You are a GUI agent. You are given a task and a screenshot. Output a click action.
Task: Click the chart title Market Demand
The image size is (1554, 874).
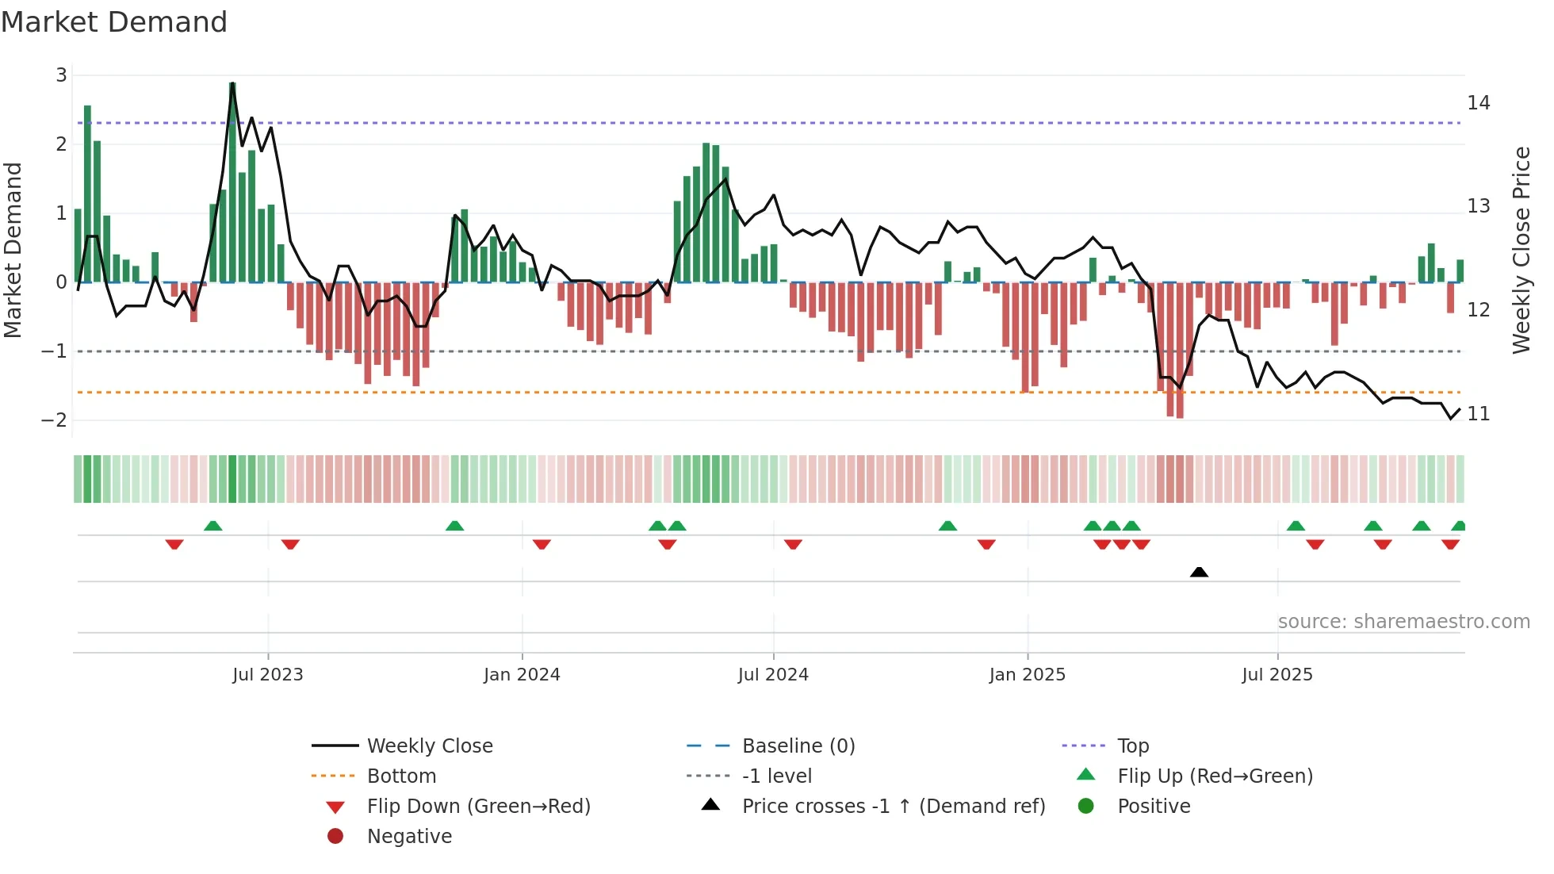(x=114, y=22)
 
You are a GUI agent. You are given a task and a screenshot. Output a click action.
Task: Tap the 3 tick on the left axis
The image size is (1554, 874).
(x=61, y=75)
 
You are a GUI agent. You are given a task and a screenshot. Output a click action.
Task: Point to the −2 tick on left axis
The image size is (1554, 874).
(x=55, y=420)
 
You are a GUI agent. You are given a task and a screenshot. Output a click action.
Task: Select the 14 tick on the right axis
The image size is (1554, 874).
(x=1478, y=103)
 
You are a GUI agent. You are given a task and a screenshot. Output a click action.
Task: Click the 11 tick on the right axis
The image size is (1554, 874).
(x=1478, y=414)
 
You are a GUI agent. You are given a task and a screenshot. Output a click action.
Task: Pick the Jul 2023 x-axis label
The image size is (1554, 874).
(x=267, y=675)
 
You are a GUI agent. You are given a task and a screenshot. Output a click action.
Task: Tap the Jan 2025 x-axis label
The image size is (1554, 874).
(x=1027, y=675)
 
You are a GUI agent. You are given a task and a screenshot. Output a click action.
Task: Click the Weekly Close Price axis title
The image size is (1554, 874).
(x=1521, y=250)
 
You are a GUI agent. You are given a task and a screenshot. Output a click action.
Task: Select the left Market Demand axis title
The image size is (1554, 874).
(x=13, y=250)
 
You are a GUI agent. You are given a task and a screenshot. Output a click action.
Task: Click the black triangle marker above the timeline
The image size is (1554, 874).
(x=1199, y=572)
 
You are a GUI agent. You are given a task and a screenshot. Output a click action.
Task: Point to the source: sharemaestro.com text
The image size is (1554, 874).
(x=1403, y=622)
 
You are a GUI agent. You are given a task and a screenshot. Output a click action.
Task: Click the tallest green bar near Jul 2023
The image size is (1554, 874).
(x=232, y=182)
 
